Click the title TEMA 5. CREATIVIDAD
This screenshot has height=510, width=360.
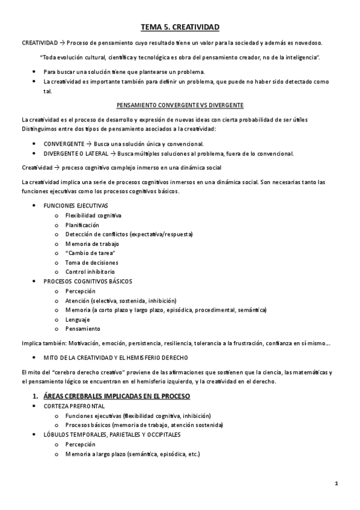[180, 27]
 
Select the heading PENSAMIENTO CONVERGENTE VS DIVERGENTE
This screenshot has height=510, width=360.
[180, 105]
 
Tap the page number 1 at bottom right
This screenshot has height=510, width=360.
[337, 483]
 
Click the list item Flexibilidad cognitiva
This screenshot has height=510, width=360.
[93, 215]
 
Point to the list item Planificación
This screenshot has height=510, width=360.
[82, 224]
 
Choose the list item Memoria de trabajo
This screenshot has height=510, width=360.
[92, 244]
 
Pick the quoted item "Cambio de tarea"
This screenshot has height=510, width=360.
[90, 253]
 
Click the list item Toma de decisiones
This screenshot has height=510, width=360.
[92, 262]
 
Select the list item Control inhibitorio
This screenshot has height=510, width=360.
[90, 272]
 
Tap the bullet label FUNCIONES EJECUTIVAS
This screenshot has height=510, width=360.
[76, 206]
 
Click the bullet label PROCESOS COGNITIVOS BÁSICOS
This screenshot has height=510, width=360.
[88, 281]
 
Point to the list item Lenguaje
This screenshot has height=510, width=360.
[78, 319]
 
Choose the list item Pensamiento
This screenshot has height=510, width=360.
[83, 329]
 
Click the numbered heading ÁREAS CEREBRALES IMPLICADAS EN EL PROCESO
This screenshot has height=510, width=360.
[117, 396]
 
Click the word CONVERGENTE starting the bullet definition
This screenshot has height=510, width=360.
[64, 144]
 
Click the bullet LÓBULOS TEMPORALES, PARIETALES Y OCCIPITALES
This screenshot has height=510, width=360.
[112, 434]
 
